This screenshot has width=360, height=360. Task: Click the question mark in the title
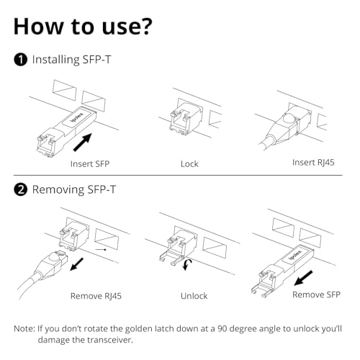click(144, 26)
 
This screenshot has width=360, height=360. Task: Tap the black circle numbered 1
click(20, 60)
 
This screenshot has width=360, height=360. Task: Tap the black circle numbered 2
click(20, 189)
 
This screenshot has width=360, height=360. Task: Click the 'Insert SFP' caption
click(90, 164)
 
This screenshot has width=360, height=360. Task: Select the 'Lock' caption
click(189, 164)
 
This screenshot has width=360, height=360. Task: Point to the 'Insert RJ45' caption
click(313, 163)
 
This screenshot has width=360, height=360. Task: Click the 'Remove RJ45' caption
click(96, 296)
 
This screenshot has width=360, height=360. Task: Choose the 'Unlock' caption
click(194, 296)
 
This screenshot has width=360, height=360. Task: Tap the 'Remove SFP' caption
click(316, 294)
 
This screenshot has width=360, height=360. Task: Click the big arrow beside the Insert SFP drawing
click(83, 142)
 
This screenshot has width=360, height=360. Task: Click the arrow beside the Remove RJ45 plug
click(76, 264)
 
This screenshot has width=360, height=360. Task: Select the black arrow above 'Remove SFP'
click(303, 278)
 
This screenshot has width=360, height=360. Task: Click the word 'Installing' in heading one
click(55, 60)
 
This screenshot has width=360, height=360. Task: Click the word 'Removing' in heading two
click(58, 189)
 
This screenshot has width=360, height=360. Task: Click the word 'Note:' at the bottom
click(24, 328)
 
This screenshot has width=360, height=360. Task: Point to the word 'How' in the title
click(38, 26)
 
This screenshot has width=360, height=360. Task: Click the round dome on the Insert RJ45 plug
click(289, 118)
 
